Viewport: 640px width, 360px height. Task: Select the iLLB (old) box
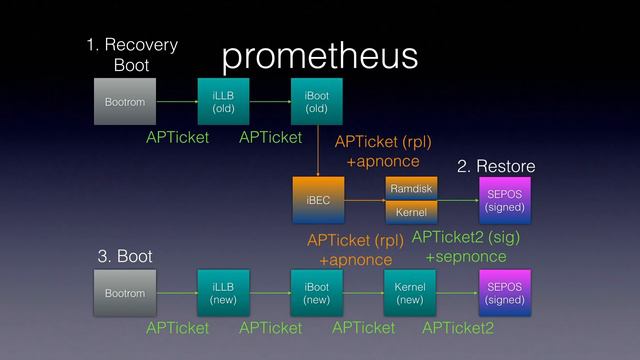223,101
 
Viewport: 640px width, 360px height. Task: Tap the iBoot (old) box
316,101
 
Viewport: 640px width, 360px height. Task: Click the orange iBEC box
317,200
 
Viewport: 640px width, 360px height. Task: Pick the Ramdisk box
410,187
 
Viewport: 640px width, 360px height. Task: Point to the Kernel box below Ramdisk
410,213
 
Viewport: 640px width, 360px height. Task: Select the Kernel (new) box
410,293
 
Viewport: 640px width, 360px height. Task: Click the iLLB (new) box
223,293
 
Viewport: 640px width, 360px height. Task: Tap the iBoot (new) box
316,293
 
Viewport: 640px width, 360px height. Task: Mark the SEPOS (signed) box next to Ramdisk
503,200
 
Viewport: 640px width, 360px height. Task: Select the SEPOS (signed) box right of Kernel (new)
503,293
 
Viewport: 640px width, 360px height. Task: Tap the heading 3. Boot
125,257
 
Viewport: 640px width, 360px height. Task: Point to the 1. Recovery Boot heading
131,55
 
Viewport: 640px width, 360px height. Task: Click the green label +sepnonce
465,257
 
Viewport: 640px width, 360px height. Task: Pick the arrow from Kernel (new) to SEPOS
456,293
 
